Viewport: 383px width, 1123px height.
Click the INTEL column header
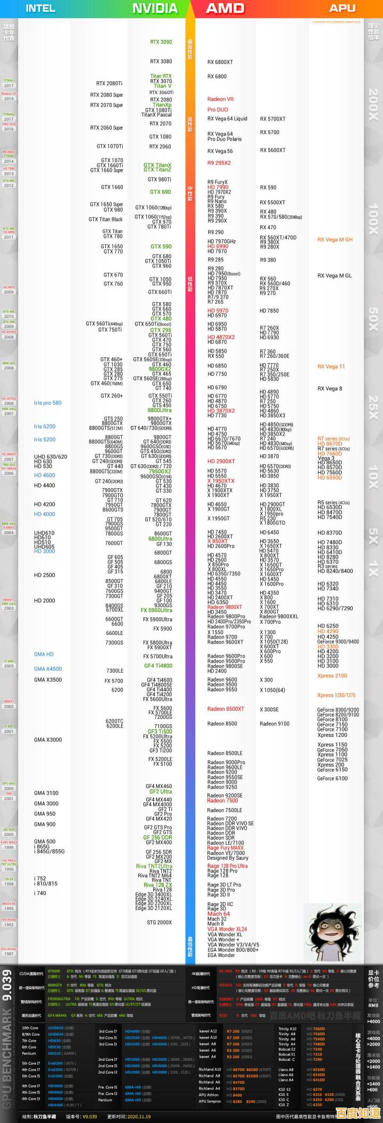pyautogui.click(x=40, y=8)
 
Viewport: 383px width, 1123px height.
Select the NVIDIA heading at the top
pyautogui.click(x=155, y=8)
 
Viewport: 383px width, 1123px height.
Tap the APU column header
pyautogui.click(x=342, y=8)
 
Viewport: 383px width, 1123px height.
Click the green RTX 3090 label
pyautogui.click(x=161, y=42)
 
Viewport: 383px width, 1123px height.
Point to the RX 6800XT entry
pyautogui.click(x=220, y=62)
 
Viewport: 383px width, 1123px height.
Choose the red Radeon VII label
pyautogui.click(x=220, y=99)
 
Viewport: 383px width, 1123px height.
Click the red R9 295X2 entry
pyautogui.click(x=219, y=163)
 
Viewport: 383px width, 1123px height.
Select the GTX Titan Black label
pyautogui.click(x=105, y=219)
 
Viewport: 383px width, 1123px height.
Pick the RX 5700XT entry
pyautogui.click(x=272, y=119)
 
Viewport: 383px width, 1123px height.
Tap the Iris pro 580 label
pyautogui.click(x=47, y=403)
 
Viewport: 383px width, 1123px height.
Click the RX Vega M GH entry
pyautogui.click(x=335, y=240)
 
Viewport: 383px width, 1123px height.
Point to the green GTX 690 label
pyautogui.click(x=160, y=192)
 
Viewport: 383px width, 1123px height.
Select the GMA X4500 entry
pyautogui.click(x=47, y=669)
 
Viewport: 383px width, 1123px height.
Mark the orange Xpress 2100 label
pyautogui.click(x=332, y=676)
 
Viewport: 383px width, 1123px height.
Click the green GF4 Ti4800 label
pyautogui.click(x=158, y=666)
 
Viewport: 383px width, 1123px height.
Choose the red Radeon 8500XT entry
pyautogui.click(x=226, y=709)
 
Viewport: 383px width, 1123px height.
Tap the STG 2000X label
pyautogui.click(x=159, y=923)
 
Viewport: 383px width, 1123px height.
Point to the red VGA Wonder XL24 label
pyautogui.click(x=227, y=929)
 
